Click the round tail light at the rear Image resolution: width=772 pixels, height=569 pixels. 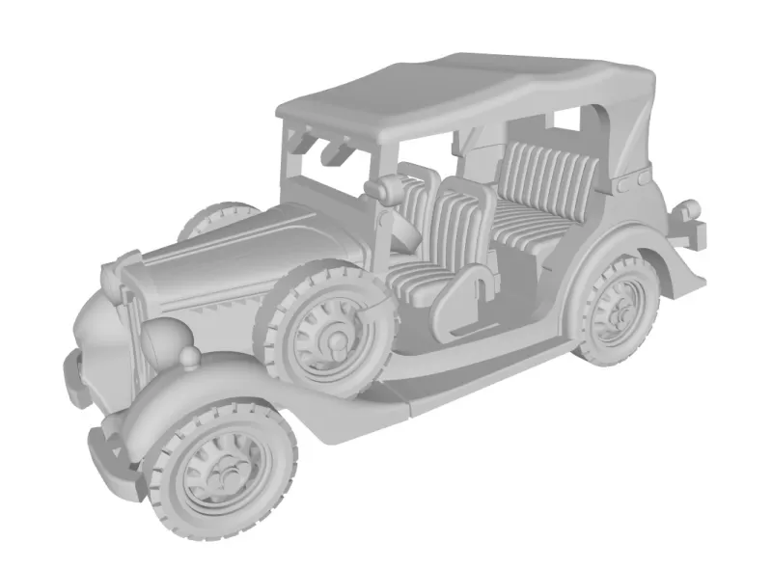click(690, 207)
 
